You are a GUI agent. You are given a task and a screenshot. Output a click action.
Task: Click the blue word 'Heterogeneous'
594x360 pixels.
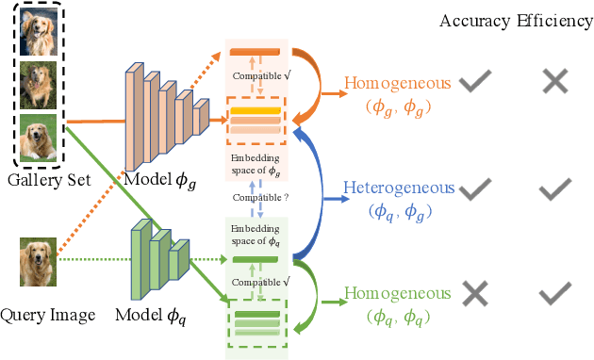(x=399, y=188)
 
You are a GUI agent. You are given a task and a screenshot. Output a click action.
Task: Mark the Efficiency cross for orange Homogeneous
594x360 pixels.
(x=554, y=83)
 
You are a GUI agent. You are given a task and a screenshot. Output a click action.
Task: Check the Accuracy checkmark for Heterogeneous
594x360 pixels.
(x=476, y=189)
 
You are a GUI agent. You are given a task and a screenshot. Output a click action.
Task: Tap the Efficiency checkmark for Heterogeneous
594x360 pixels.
(x=554, y=189)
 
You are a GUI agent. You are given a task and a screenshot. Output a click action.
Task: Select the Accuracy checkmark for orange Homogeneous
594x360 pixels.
(x=476, y=83)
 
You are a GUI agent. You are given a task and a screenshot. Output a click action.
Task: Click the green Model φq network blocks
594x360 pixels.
(x=157, y=252)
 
